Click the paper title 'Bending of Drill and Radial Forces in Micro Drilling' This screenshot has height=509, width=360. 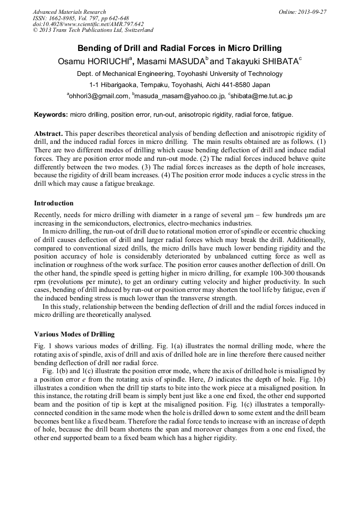coord(179,48)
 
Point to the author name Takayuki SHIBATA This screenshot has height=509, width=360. coord(265,62)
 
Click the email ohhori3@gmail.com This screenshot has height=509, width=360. coord(99,96)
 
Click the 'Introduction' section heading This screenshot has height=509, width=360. coord(54,203)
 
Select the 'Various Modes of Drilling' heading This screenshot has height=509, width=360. coord(74,334)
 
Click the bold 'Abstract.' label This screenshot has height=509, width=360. coord(49,134)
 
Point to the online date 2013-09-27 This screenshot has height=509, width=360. coord(310,12)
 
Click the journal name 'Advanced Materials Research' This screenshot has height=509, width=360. coord(69,12)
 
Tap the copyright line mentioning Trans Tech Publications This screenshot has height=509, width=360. coord(93,30)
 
